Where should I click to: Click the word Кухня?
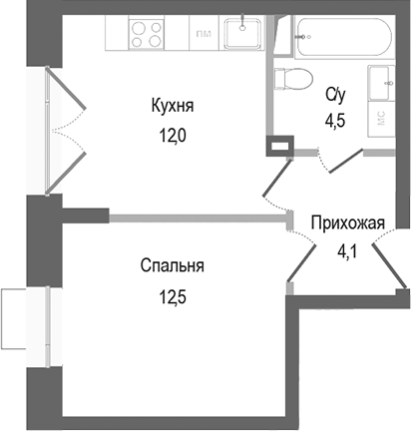click(172, 106)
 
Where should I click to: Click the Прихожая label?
click(346, 221)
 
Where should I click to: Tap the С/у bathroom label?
click(336, 96)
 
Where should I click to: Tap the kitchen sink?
click(241, 35)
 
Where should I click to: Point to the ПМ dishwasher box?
click(203, 35)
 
